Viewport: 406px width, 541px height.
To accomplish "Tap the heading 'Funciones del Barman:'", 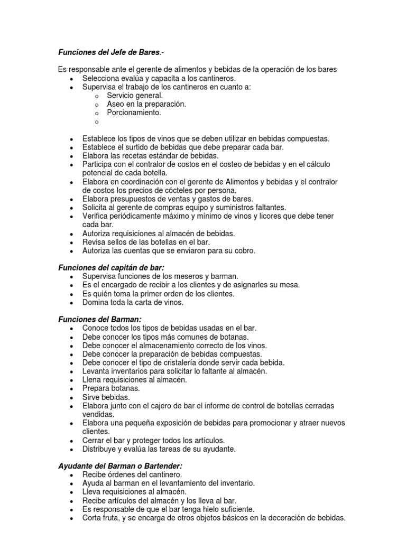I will [x=100, y=319].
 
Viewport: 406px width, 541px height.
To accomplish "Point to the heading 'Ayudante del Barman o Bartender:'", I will [x=119, y=466].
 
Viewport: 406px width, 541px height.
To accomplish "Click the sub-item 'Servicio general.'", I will [x=135, y=96].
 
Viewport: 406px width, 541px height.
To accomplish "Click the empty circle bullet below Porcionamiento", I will [x=97, y=122].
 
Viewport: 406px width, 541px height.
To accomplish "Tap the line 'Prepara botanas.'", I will [x=104, y=388].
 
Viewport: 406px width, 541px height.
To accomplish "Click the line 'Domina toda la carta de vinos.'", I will [x=133, y=302].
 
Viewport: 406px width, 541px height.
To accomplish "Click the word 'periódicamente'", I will [x=135, y=216].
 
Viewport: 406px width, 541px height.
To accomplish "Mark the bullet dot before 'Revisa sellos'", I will [x=71, y=242].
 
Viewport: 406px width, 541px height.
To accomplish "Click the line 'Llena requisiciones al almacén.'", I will [x=134, y=380].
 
